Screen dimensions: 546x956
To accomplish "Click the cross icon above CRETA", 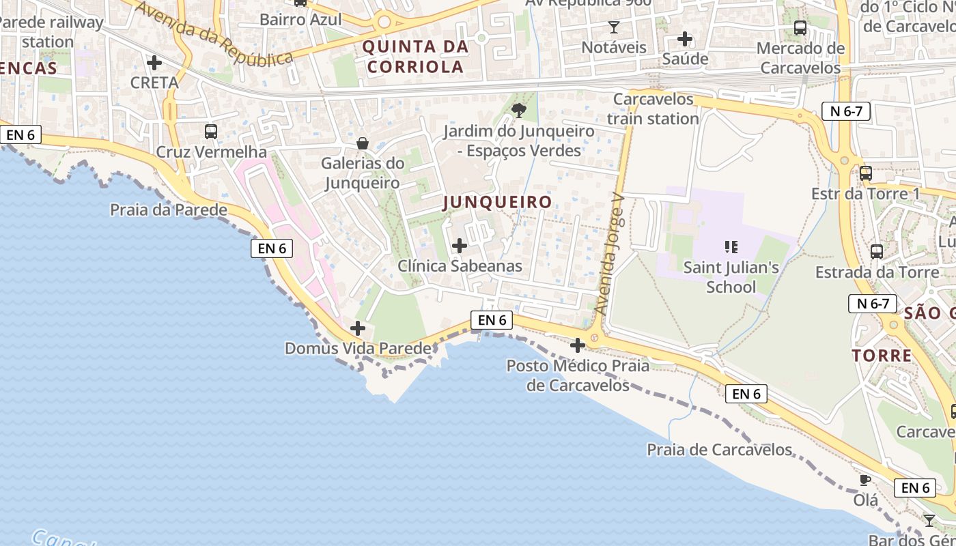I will point(154,63).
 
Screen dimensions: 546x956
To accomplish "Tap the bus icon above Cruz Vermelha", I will point(211,132).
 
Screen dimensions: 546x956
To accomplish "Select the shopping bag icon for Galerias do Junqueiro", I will point(363,143).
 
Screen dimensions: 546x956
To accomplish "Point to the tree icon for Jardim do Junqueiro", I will point(519,110).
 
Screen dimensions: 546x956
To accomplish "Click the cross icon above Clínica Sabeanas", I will point(460,246).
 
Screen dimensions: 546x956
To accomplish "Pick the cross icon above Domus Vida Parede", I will point(357,328).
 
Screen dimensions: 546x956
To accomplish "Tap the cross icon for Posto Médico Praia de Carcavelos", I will point(578,345).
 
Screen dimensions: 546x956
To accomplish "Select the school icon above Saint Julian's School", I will point(731,247).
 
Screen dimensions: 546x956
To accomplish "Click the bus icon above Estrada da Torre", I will point(877,252).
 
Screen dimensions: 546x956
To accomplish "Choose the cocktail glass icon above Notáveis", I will point(613,27).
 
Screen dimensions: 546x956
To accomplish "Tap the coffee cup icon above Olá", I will point(865,480).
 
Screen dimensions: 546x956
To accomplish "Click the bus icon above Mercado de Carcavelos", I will point(800,28).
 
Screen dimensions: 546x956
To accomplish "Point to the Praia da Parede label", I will point(169,210).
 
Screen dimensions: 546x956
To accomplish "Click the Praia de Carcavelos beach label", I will point(719,450).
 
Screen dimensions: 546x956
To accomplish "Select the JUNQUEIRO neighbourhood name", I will point(497,202).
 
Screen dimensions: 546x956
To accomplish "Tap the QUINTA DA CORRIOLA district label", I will point(415,57).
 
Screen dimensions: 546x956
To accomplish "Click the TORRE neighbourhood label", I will point(882,356).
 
